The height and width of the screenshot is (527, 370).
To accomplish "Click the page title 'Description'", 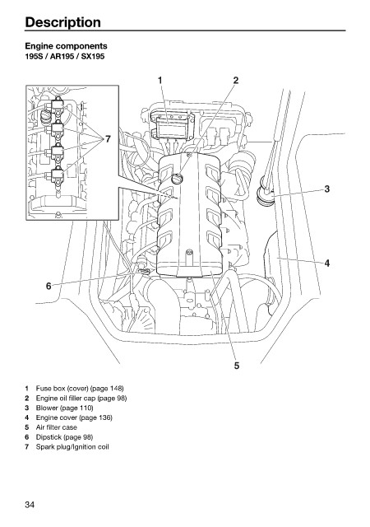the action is (x=62, y=22).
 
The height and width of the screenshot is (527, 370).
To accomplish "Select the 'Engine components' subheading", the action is (x=66, y=46).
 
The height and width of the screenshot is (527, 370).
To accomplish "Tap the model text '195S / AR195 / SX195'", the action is (x=65, y=57).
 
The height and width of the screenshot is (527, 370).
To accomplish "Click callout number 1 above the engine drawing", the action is (x=160, y=80).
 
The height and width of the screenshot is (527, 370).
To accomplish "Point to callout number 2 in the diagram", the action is (x=236, y=80).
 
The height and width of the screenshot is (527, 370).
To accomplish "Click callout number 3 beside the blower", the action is (x=327, y=189).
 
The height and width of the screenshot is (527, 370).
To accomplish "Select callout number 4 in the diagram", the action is (x=327, y=263).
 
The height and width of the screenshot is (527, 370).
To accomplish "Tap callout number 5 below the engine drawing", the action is (x=237, y=366).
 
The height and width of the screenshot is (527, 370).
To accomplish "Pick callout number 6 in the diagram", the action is (x=49, y=286).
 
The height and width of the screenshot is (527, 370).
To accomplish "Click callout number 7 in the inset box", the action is (x=108, y=139).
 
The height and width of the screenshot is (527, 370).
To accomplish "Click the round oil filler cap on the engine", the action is (x=177, y=179).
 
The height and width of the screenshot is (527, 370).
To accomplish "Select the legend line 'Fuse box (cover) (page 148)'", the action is (x=80, y=389).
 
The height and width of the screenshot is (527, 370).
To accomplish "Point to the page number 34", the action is (x=30, y=505).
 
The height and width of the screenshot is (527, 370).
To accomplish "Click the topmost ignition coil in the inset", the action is (x=57, y=105).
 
